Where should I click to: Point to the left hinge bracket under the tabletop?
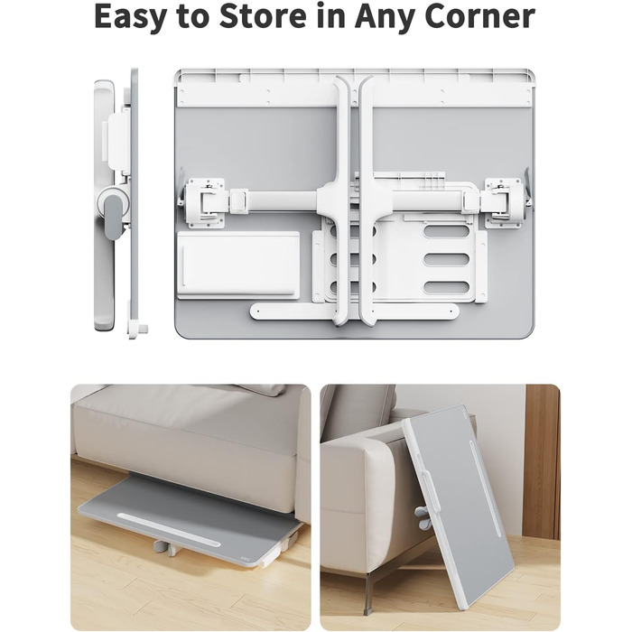click(205, 203)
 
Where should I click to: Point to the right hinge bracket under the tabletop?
click(505, 203)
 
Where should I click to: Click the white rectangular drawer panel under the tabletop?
click(238, 265)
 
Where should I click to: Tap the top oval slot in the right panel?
click(447, 231)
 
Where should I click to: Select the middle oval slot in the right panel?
click(447, 260)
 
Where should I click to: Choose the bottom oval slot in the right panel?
click(447, 287)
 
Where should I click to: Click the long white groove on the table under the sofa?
click(170, 530)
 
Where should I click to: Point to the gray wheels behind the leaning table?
click(423, 517)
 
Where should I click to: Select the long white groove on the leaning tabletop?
click(486, 488)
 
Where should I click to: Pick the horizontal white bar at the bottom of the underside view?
click(355, 311)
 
